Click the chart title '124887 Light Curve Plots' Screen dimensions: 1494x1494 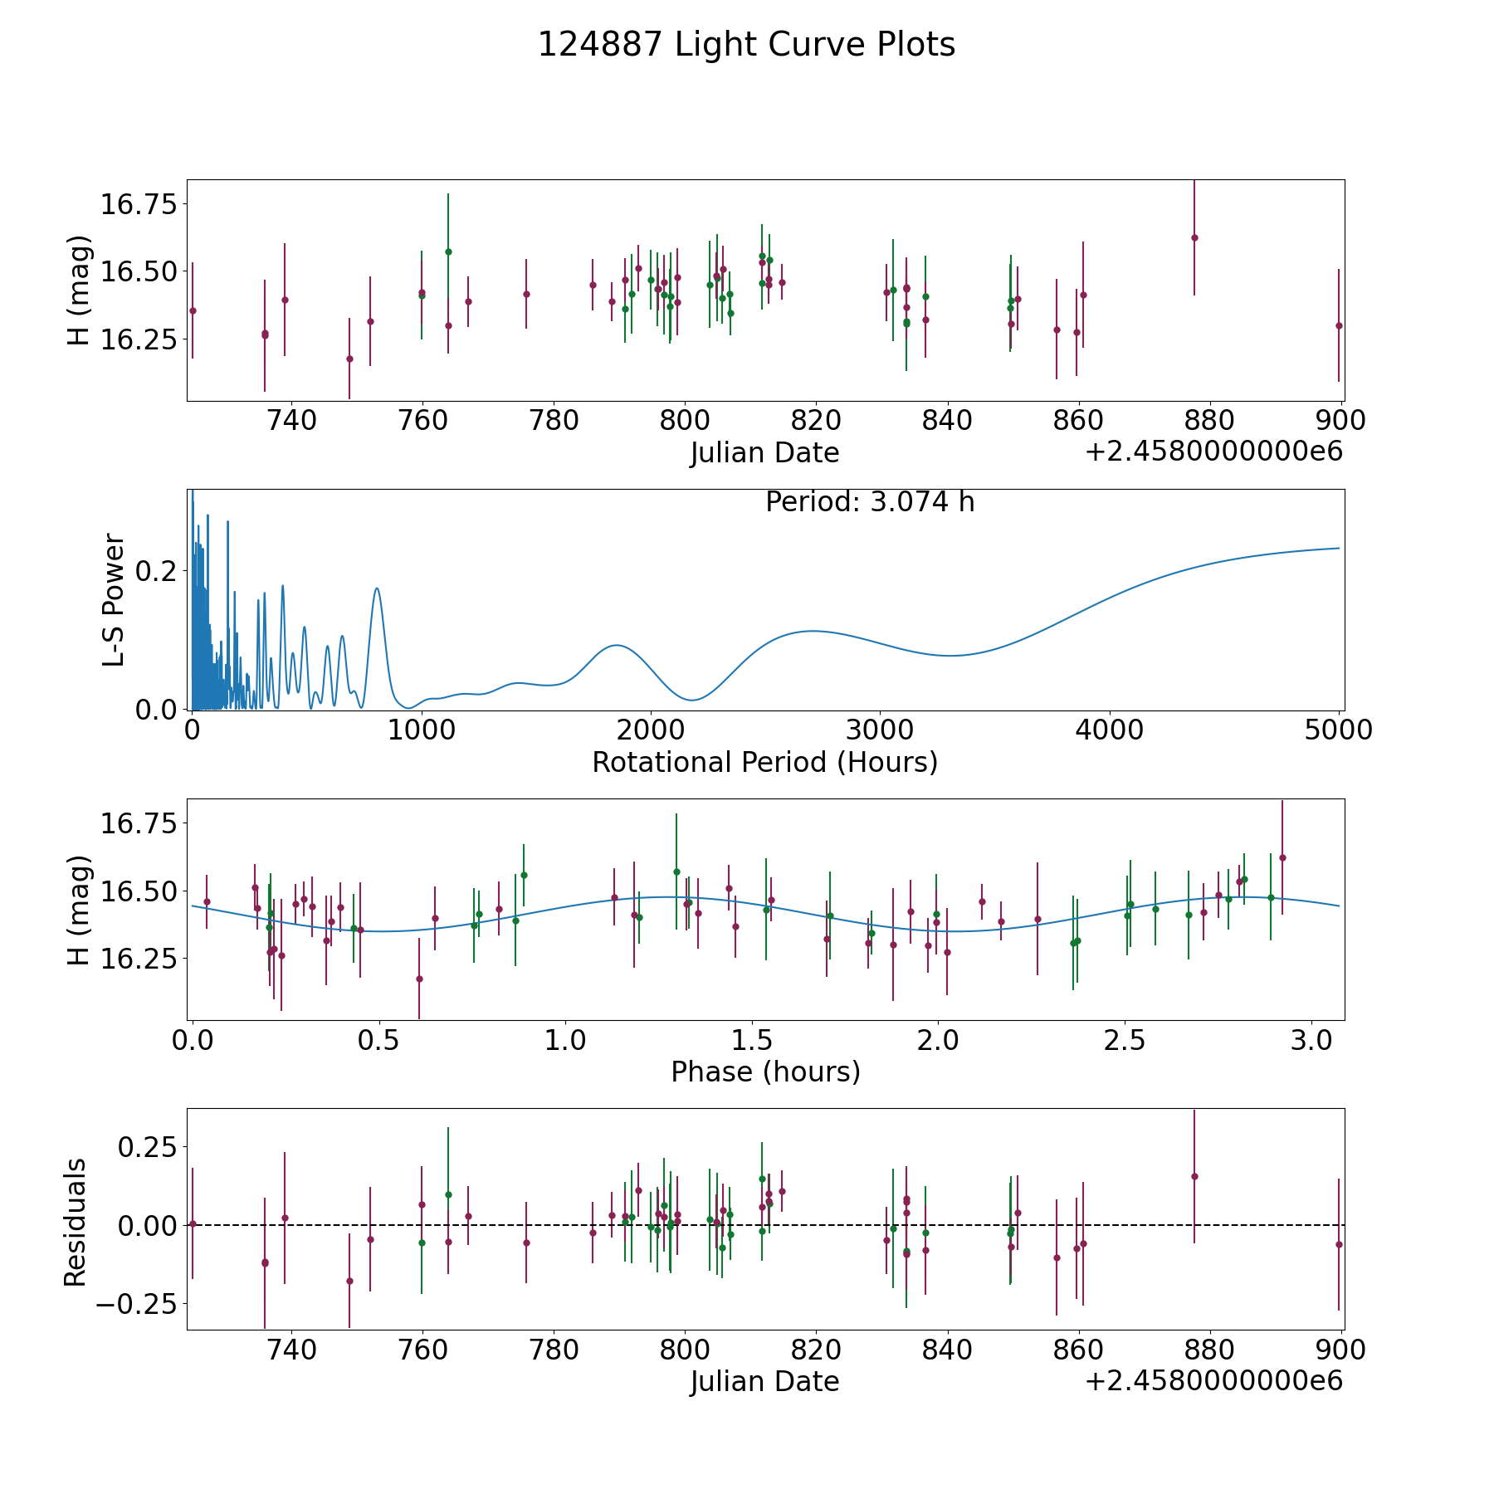(746, 45)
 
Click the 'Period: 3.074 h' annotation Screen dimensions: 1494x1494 (870, 502)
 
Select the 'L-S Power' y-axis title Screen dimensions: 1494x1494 (115, 600)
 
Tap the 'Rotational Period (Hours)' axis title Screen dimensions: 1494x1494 (764, 762)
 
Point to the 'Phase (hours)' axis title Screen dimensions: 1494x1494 (765, 1072)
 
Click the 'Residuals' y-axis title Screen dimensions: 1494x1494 (76, 1223)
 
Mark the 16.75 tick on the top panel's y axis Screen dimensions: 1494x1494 (139, 203)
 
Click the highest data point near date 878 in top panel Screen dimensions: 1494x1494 (1194, 237)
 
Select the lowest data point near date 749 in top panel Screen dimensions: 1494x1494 (349, 359)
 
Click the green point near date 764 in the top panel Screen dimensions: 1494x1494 (448, 251)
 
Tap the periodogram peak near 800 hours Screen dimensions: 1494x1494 (377, 588)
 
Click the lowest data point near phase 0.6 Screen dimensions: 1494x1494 (419, 979)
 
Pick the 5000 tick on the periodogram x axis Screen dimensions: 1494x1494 (1338, 730)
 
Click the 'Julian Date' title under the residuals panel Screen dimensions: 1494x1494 (764, 1382)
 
